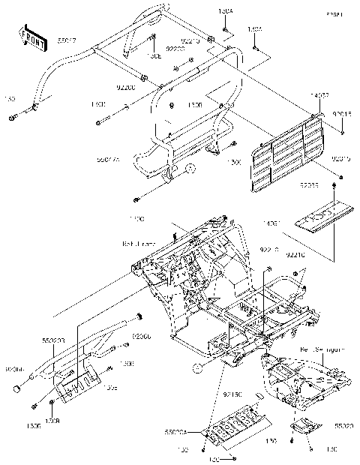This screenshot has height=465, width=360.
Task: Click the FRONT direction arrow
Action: pos(29,37)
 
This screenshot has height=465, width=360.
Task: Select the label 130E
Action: pos(154,55)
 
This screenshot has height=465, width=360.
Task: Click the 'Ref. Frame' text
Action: pos(138,243)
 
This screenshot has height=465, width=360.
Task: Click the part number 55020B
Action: pos(53,340)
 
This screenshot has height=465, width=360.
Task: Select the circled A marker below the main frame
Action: pos(197,367)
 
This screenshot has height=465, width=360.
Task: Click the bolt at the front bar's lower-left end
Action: pos(13,118)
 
